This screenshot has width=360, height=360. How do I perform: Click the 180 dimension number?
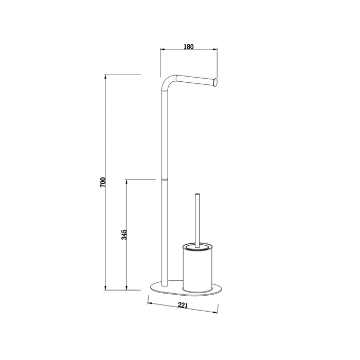coord(189,47)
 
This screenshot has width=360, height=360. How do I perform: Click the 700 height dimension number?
coord(103,182)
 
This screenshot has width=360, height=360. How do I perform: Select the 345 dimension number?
coord(124,235)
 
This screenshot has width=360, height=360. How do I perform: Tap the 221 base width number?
coord(183,305)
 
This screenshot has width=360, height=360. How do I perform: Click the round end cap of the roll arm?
coord(215,83)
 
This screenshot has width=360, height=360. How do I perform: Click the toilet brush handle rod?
coord(197,221)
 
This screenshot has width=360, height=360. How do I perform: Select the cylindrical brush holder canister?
coord(197,268)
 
